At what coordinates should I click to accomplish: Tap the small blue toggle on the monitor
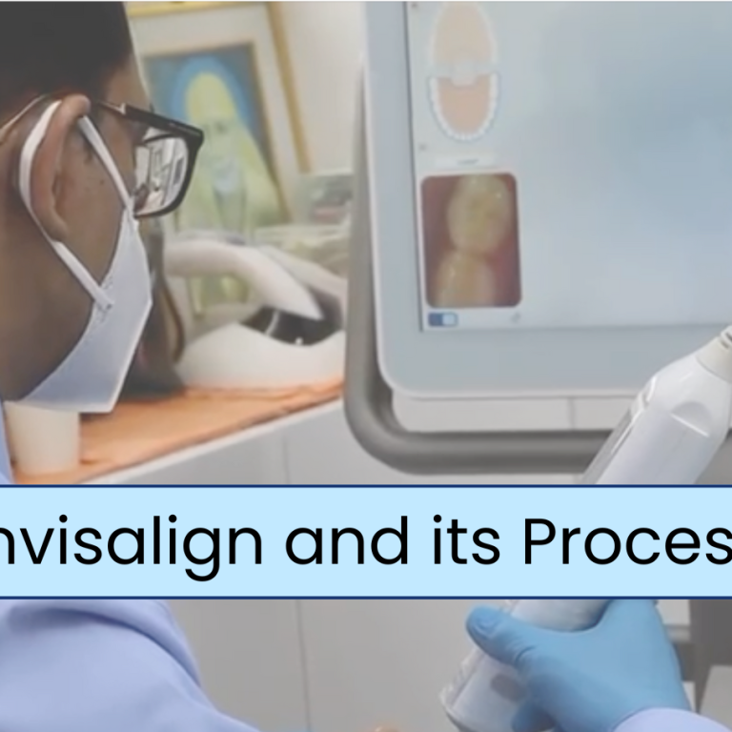click(x=441, y=319)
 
